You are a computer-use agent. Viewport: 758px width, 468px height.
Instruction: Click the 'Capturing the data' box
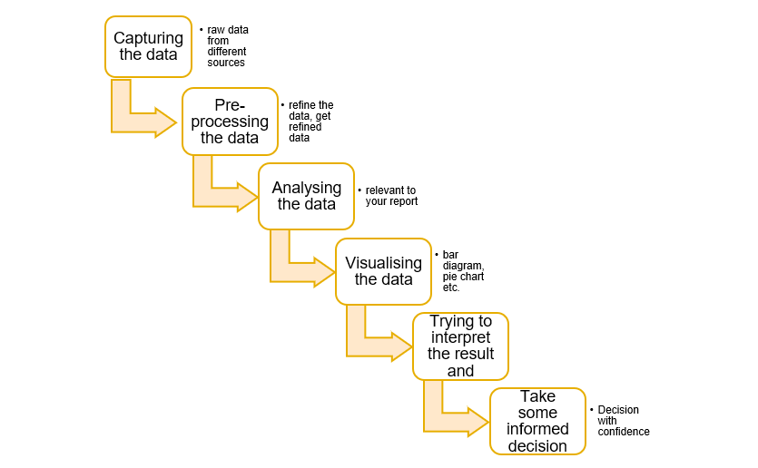pyautogui.click(x=148, y=46)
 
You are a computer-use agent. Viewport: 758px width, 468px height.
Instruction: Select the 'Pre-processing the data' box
pyautogui.click(x=230, y=121)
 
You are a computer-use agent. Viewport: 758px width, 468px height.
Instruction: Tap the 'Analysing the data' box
pyautogui.click(x=306, y=195)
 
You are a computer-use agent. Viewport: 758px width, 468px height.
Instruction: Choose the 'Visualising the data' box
pyautogui.click(x=383, y=270)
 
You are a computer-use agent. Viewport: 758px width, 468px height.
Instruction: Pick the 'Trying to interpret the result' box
pyautogui.click(x=460, y=346)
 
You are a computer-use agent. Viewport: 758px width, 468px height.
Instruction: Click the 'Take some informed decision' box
pyautogui.click(x=537, y=421)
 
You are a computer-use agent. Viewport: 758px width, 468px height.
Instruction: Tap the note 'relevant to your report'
pyautogui.click(x=391, y=196)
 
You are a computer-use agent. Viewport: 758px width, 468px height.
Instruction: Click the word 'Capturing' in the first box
pyautogui.click(x=148, y=38)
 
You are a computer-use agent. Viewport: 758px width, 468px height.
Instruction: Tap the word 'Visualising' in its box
pyautogui.click(x=383, y=263)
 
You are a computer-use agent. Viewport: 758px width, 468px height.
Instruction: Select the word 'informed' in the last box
pyautogui.click(x=538, y=429)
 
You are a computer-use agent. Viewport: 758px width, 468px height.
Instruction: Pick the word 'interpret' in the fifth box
pyautogui.click(x=460, y=337)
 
